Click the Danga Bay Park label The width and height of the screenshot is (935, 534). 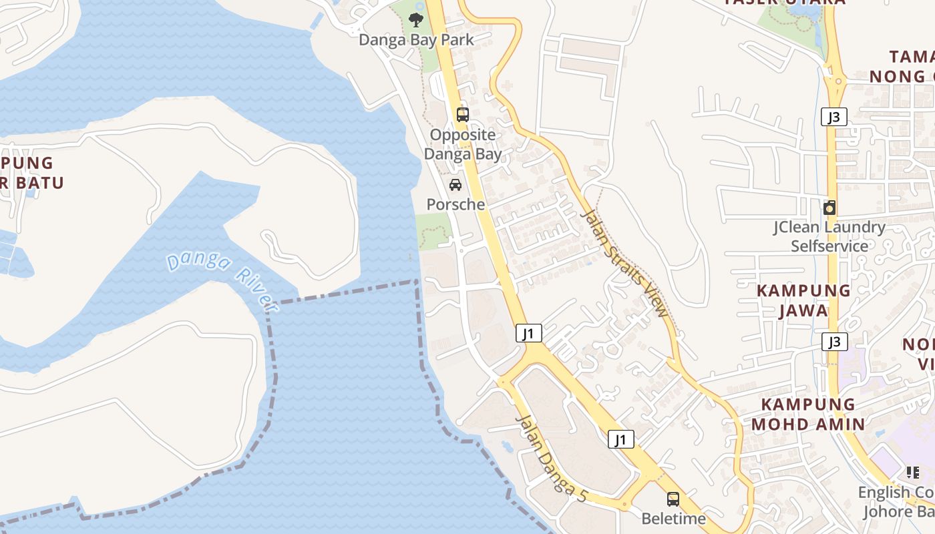coord(416,40)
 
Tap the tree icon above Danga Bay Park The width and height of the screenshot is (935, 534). coord(416,19)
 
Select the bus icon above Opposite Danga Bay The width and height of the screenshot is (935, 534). coord(462,114)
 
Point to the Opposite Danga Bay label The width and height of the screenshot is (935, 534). coord(463,144)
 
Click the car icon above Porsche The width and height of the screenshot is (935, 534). coord(455,185)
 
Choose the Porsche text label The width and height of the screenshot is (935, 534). coord(455,204)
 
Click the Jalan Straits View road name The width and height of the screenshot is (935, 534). coord(625,263)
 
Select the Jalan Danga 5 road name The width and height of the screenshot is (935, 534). coord(552,459)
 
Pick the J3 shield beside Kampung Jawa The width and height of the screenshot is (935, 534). coord(834,342)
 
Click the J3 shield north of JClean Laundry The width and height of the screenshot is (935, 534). coord(833,117)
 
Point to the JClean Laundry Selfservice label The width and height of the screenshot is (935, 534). coord(829,236)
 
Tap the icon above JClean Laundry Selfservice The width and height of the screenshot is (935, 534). coord(829,208)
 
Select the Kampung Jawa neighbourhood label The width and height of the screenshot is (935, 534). coord(803,300)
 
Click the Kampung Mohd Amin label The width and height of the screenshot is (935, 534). coord(808,414)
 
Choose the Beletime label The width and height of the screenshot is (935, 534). coord(673,519)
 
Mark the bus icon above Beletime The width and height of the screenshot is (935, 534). coord(673,499)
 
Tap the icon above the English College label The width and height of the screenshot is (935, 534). coord(912,473)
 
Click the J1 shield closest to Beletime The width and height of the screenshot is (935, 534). coord(621,439)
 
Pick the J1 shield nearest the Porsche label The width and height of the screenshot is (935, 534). coord(529,333)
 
